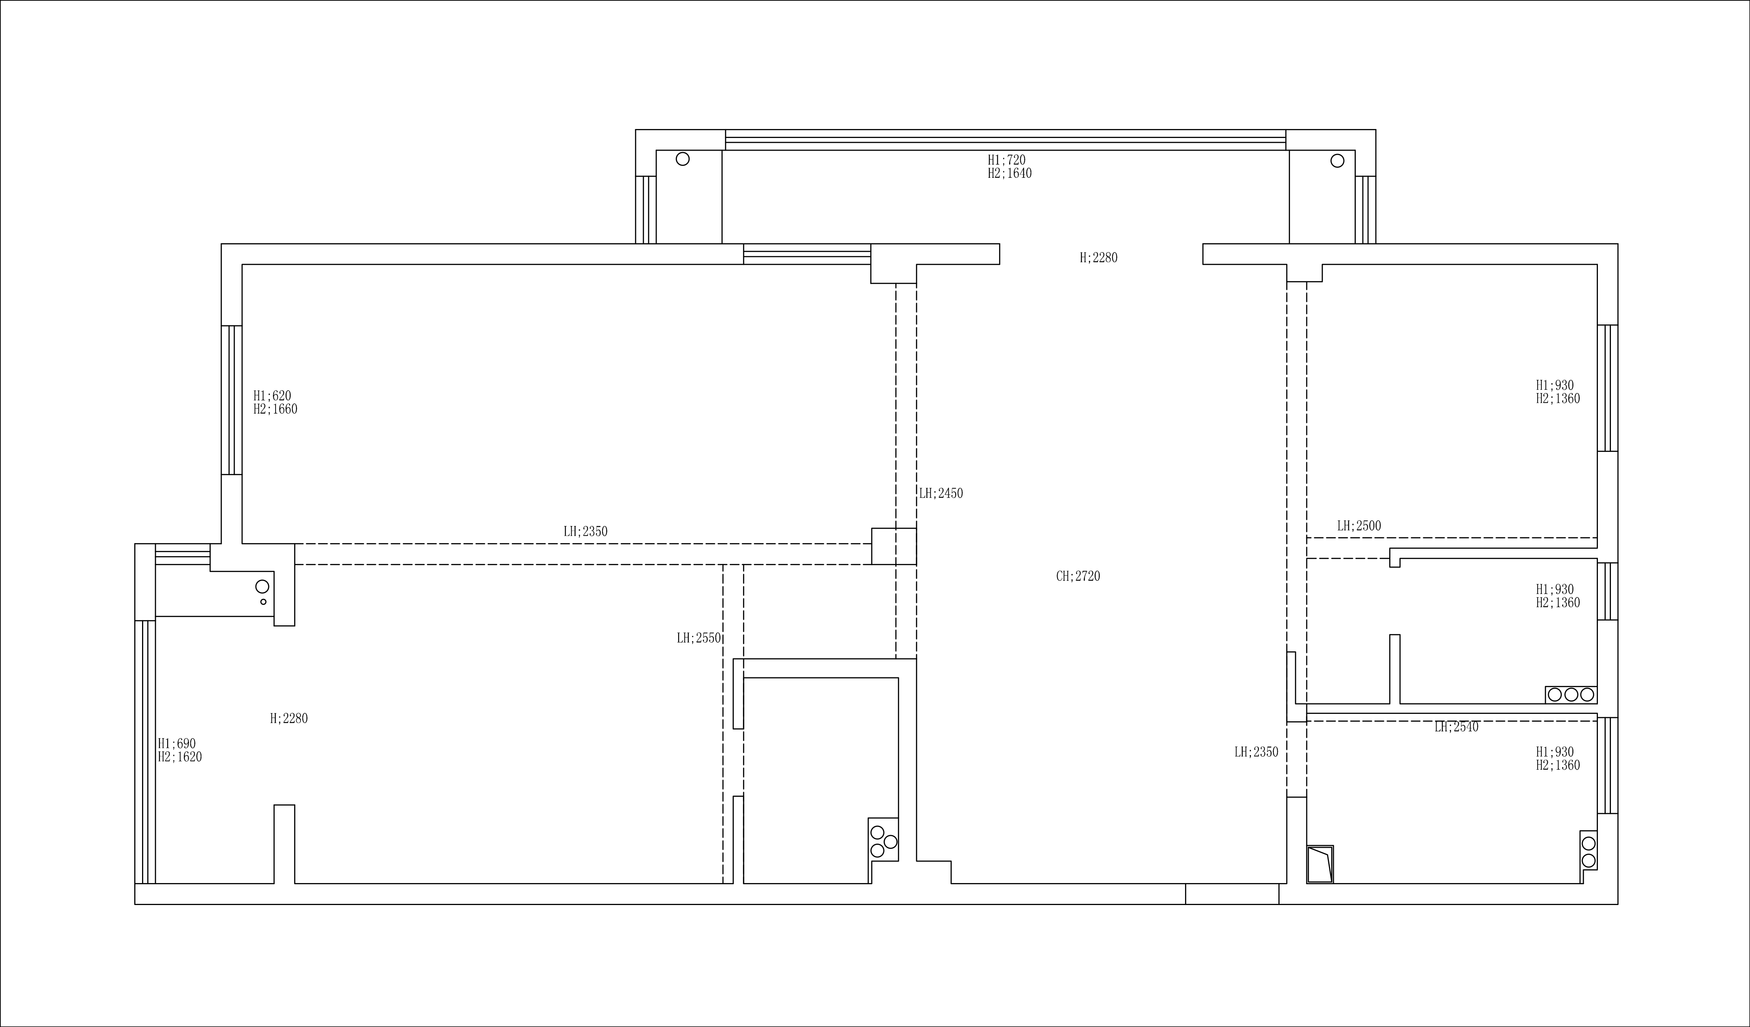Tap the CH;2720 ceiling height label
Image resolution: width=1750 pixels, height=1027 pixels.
tap(1078, 576)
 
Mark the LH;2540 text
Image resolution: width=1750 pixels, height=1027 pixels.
tap(1456, 727)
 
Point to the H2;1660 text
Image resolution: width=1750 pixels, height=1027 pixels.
tap(275, 410)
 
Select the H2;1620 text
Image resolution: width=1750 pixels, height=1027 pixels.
tap(180, 757)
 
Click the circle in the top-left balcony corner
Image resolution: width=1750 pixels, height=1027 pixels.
tap(683, 159)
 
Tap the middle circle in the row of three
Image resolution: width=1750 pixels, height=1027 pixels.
tap(1571, 694)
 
